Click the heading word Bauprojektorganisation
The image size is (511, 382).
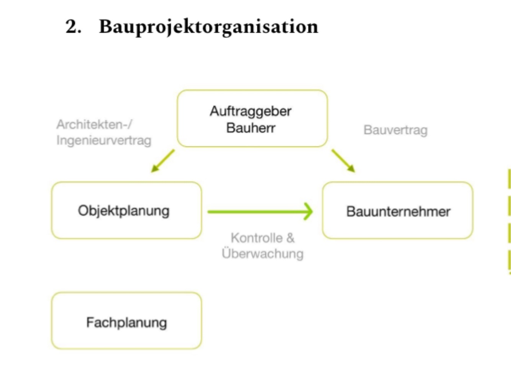pos(208,27)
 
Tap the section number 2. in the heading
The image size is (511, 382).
pos(73,27)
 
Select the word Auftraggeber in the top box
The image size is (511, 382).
pos(251,111)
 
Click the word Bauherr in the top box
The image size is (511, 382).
pos(251,128)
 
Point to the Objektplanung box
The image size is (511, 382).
pos(126,211)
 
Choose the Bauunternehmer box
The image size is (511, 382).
pos(398,211)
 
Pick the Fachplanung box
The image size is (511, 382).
pos(126,321)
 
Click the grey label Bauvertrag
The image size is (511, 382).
pos(395,130)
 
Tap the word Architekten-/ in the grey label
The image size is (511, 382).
pos(94,124)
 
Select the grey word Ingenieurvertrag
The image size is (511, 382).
pos(104,140)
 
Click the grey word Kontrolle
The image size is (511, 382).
pos(256,238)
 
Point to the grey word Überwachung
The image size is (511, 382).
pos(262,254)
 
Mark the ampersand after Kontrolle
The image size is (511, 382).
pos(290,238)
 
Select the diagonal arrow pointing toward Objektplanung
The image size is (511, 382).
pos(162,161)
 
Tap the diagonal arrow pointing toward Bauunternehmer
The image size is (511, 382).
pos(343,161)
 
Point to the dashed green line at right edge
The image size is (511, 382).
pos(509,221)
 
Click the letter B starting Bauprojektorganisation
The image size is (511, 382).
pos(105,27)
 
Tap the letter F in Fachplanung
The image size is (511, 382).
pos(90,322)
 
